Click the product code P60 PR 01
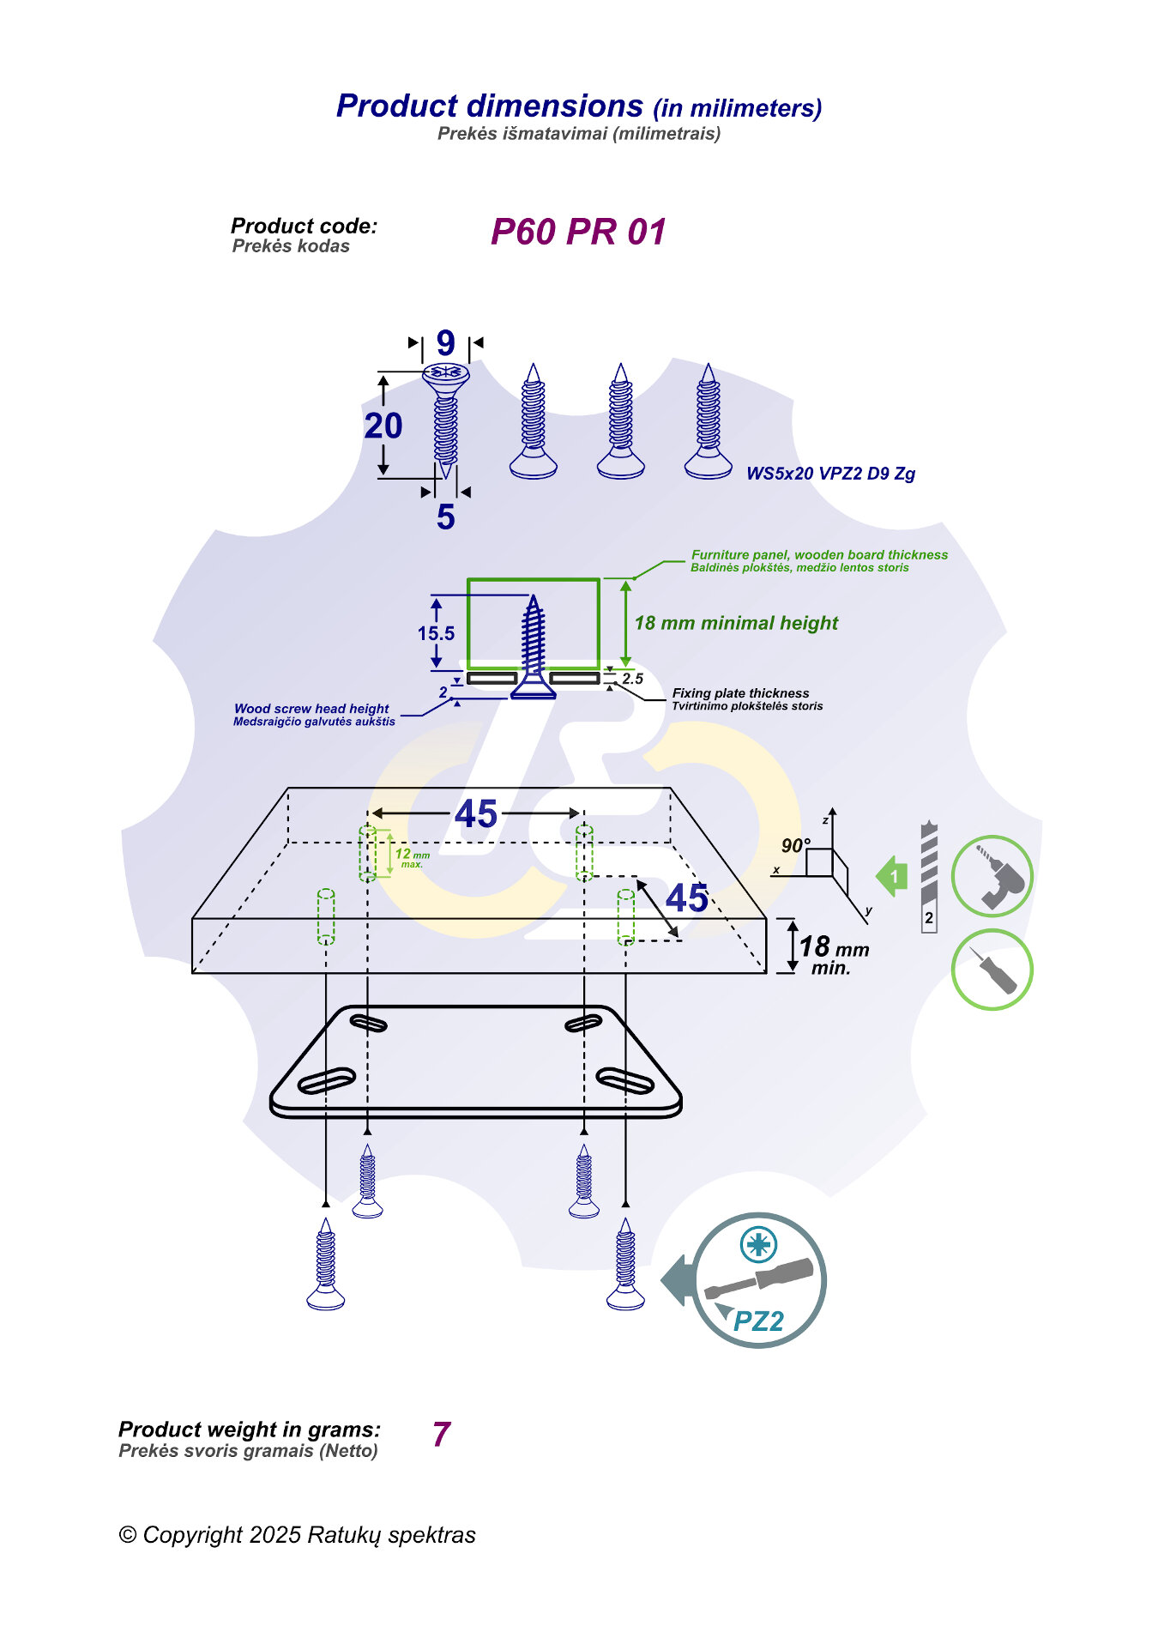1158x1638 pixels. click(578, 232)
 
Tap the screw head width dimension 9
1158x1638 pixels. click(445, 343)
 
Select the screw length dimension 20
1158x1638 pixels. click(383, 426)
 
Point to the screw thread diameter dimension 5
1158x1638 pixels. click(445, 517)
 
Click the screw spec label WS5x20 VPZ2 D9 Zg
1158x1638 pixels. click(830, 474)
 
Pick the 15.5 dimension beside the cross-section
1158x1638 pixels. click(436, 633)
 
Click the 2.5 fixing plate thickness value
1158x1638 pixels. click(633, 679)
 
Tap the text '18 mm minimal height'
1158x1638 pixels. click(736, 623)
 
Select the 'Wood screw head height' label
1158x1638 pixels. click(311, 709)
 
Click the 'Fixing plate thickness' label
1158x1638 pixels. click(740, 693)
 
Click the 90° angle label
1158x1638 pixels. click(795, 845)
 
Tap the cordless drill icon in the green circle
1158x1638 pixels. click(992, 877)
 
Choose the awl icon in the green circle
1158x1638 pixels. click(992, 970)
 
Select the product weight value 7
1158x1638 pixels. click(442, 1434)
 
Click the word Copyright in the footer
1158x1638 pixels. click(193, 1535)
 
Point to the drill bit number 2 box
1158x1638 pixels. click(929, 918)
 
